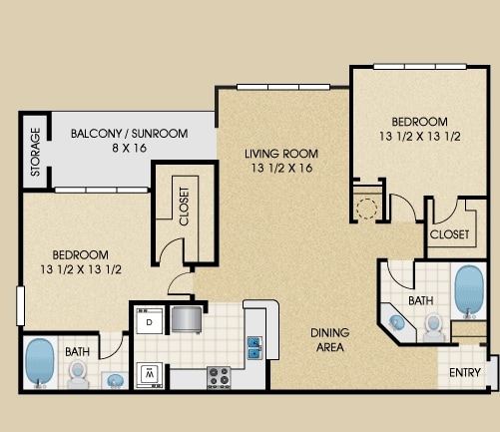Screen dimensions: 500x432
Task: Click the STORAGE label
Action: [x=35, y=152]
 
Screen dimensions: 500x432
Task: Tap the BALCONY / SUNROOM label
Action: [x=130, y=134]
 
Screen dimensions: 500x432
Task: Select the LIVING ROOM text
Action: [x=281, y=154]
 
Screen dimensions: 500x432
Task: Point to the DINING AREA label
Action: [x=329, y=340]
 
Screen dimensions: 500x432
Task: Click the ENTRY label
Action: [x=465, y=373]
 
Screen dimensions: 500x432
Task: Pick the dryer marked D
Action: [x=150, y=321]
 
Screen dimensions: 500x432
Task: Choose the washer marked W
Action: [x=150, y=375]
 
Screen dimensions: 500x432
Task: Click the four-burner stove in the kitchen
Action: [x=219, y=377]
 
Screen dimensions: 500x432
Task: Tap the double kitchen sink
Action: [x=254, y=348]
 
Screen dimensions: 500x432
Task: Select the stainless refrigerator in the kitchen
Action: [x=187, y=320]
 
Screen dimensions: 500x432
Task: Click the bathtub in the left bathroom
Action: [x=40, y=363]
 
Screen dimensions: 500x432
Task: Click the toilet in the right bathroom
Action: [x=434, y=327]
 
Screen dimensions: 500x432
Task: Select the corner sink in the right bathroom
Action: [x=397, y=322]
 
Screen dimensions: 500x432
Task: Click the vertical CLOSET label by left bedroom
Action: [x=184, y=207]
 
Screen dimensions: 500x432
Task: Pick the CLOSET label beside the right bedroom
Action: [x=449, y=234]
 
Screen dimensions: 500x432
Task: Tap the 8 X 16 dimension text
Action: [x=130, y=148]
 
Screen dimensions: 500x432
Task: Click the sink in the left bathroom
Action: [x=115, y=380]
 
